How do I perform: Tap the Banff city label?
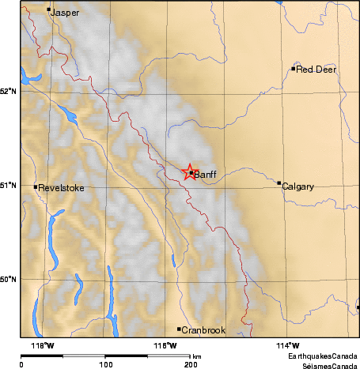(205, 175)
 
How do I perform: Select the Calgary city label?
(297, 187)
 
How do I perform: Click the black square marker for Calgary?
(279, 183)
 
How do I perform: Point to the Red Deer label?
(316, 70)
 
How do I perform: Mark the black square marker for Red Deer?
(294, 69)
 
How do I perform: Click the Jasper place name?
(65, 13)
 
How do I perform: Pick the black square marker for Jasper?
(49, 10)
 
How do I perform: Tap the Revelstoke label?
(61, 188)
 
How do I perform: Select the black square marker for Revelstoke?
(36, 186)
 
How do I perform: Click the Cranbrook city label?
(204, 330)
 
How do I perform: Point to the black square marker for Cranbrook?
(180, 329)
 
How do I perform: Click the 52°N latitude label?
(8, 91)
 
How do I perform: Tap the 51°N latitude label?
(8, 185)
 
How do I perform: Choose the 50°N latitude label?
(8, 280)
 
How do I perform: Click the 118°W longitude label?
(43, 345)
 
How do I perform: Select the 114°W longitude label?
(289, 345)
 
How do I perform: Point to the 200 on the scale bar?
(191, 364)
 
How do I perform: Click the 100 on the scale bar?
(105, 364)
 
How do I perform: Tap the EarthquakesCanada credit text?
(323, 357)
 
